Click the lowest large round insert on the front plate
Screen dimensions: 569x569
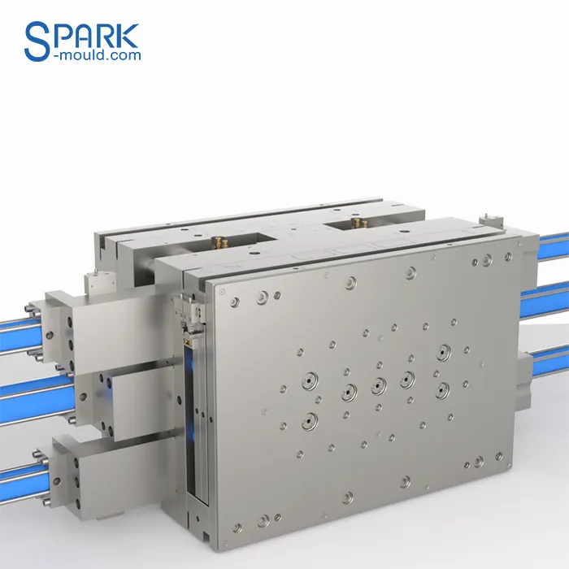point(310,420)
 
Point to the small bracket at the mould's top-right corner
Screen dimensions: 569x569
point(490,220)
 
